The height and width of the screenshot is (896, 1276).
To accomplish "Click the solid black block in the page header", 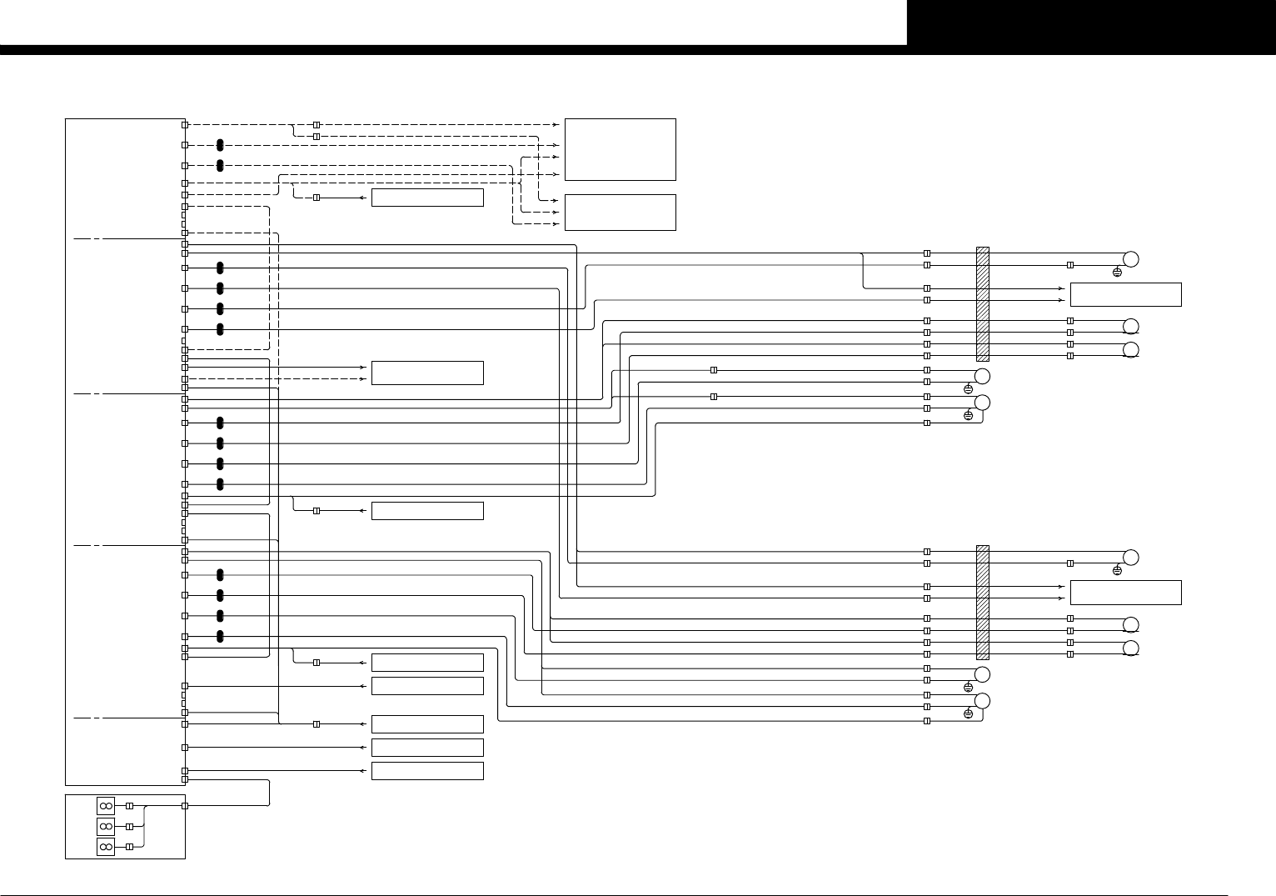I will coord(1091,23).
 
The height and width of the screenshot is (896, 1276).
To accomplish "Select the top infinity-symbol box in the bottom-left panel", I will coord(106,806).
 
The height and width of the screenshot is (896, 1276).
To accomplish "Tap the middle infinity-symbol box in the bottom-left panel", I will coord(106,826).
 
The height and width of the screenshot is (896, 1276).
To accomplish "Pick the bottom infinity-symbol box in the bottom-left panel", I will coord(106,847).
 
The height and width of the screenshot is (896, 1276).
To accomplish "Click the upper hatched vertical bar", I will coord(983,303).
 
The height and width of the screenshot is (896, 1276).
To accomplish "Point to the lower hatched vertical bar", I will coord(983,602).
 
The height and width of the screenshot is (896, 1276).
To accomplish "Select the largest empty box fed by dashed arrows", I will coord(620,149).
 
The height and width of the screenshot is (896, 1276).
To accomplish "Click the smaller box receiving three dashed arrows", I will coord(620,213).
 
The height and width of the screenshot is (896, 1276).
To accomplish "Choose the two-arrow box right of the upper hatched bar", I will coord(1125,294).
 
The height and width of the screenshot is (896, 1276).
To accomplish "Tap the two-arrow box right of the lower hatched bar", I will coord(1125,592).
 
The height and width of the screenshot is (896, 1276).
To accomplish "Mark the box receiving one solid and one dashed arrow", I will coord(427,373).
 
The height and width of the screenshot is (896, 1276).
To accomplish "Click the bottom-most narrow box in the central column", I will coord(427,771).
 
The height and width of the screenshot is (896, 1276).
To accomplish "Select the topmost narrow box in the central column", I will coord(427,198).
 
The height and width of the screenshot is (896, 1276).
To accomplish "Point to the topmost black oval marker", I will coord(220,146).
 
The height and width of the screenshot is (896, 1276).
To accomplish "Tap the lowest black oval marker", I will coord(220,637).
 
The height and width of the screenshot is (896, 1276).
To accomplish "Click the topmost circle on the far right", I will coord(1130,258).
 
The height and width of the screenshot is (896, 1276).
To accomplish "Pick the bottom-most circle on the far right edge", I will coord(1130,648).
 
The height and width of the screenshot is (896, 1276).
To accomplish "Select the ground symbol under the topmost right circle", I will coord(1117,273).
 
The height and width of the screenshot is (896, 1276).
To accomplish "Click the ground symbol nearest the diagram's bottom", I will coord(968,713).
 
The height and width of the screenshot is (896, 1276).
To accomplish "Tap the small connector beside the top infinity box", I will coord(129,806).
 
